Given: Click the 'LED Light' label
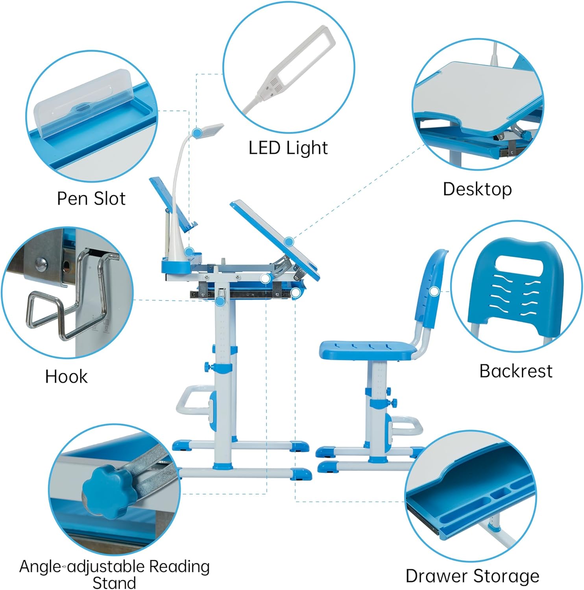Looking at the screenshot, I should [288, 148].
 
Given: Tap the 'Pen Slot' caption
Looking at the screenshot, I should [91, 199].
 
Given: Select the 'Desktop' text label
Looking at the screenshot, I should [477, 189].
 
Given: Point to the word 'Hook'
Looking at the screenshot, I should [66, 376].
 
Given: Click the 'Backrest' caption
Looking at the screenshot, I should [516, 371].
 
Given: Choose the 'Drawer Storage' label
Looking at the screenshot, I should [472, 576].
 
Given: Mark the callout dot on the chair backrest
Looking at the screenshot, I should [434, 291].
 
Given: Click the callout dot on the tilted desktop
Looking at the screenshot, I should [289, 242].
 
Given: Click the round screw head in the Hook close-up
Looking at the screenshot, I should [40, 264].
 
